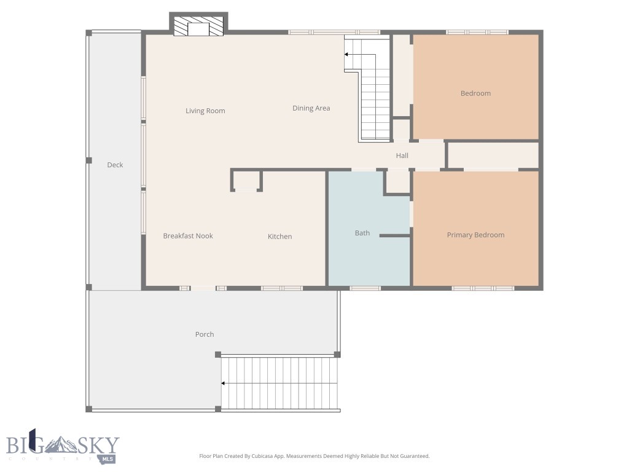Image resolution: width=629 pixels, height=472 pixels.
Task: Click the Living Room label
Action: click(x=205, y=111)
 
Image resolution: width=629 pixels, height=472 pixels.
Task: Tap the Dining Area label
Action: click(x=311, y=108)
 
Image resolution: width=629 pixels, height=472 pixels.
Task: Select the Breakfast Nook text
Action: click(x=188, y=236)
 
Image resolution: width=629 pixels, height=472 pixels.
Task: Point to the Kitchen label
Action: click(x=279, y=237)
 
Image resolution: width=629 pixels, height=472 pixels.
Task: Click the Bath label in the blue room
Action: click(x=362, y=233)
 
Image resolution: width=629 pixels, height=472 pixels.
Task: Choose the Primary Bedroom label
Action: click(x=475, y=235)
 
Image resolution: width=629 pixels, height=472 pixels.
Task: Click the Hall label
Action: click(x=402, y=155)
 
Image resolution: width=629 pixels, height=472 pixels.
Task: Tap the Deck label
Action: click(x=115, y=165)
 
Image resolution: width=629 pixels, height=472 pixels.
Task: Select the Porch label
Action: click(x=205, y=334)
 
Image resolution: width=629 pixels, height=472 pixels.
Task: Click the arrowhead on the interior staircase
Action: click(x=346, y=55)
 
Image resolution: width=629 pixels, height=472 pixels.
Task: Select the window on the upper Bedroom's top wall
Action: click(x=477, y=32)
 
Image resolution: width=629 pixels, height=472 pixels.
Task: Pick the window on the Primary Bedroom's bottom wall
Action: click(x=483, y=288)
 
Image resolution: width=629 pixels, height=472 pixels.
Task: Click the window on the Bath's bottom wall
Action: click(x=365, y=288)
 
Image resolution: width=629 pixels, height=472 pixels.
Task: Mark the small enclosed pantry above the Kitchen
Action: click(x=246, y=181)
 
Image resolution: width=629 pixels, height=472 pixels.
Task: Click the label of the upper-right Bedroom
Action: click(x=475, y=93)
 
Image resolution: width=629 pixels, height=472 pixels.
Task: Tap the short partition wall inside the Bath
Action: click(x=395, y=235)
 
